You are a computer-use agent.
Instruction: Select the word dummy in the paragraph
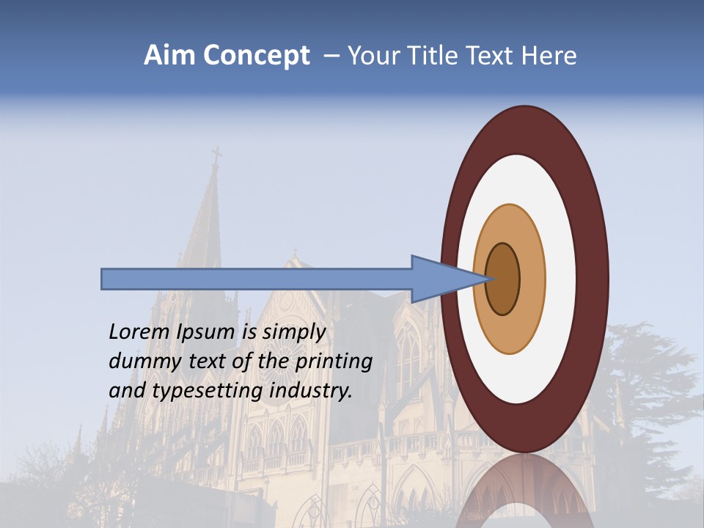(140, 362)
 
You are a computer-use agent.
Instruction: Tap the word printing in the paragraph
(334, 362)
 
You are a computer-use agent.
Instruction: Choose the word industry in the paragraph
(310, 391)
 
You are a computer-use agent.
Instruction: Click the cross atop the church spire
(216, 155)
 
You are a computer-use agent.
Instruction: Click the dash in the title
(331, 56)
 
